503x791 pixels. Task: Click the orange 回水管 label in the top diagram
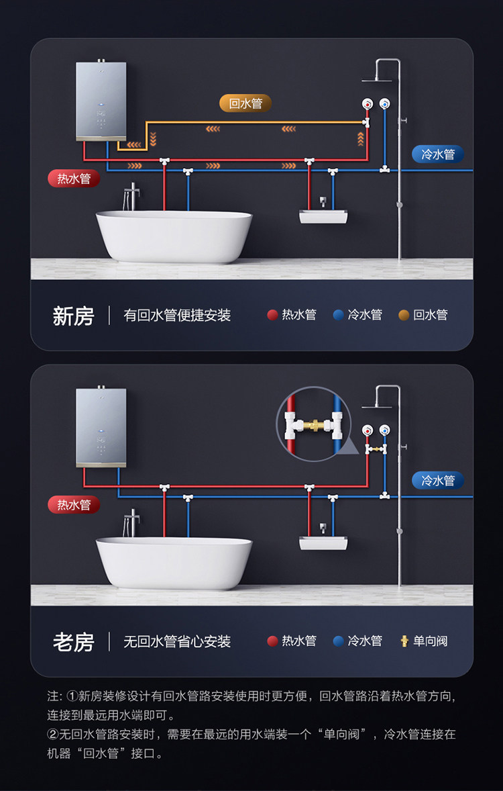(x=245, y=103)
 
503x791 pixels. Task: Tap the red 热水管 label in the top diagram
(x=74, y=179)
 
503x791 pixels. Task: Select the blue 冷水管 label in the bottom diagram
(x=438, y=480)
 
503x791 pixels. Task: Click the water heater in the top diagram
(x=101, y=101)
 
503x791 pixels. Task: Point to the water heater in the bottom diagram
(x=101, y=427)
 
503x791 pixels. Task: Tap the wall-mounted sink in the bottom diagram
(x=323, y=542)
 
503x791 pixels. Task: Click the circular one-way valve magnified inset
(x=309, y=424)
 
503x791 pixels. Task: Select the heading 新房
(x=73, y=316)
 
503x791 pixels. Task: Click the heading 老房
(x=73, y=642)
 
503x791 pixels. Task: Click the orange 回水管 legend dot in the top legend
(x=404, y=315)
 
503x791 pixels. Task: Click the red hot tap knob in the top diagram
(x=367, y=104)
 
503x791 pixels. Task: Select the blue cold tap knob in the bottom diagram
(x=384, y=430)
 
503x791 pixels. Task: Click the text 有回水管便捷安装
(x=177, y=316)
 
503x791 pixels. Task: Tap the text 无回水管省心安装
(x=177, y=642)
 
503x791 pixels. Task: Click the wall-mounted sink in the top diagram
(x=323, y=216)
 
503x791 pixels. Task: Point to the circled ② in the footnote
(x=54, y=734)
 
